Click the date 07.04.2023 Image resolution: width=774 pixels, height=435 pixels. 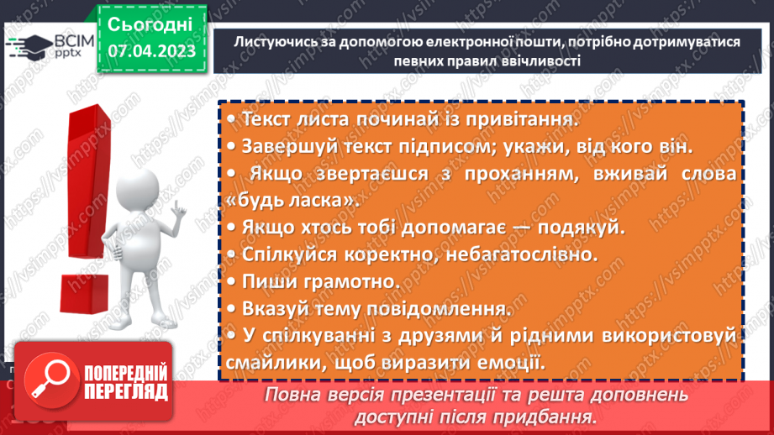(x=151, y=51)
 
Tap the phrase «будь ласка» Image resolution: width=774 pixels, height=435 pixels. (x=286, y=202)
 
